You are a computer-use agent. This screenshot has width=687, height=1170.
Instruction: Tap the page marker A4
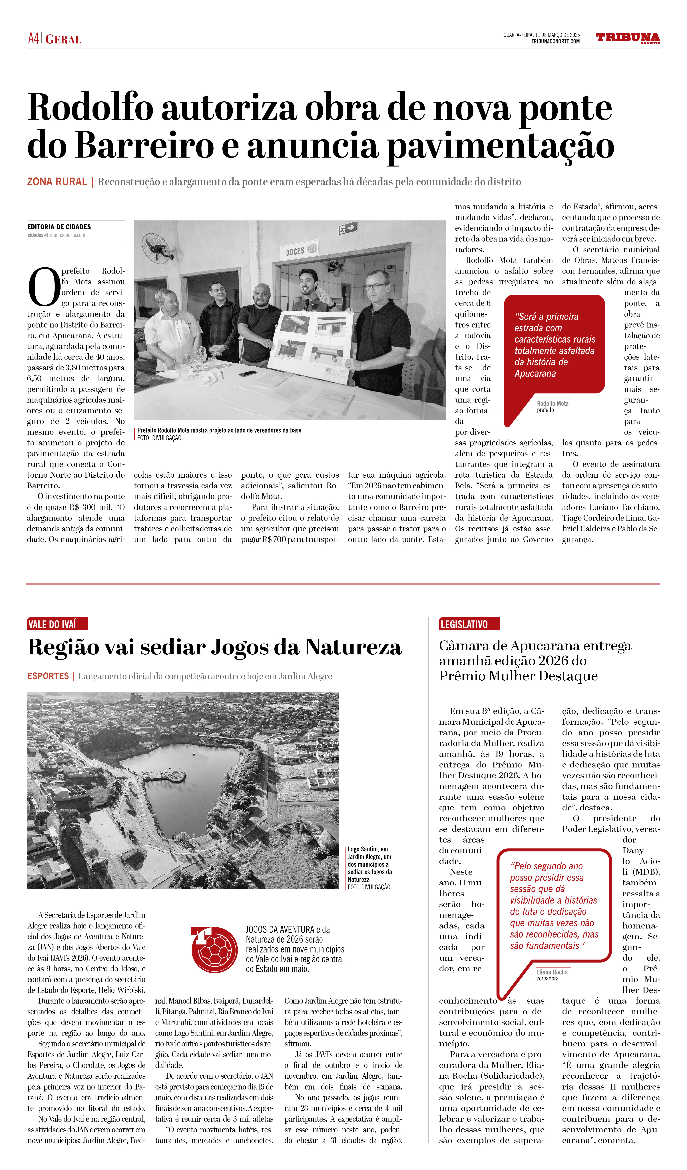[33, 39]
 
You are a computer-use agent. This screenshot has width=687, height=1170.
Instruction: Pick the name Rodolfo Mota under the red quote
[552, 403]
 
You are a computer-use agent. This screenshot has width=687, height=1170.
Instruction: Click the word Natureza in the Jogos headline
[353, 647]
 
